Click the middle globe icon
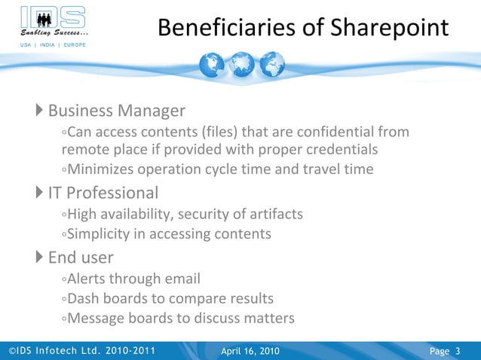click(x=240, y=66)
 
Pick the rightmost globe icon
click(x=269, y=66)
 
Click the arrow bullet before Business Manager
click(x=40, y=111)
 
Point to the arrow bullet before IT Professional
click(x=40, y=194)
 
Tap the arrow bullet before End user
click(x=40, y=258)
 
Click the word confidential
click(x=339, y=133)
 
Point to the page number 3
click(x=458, y=351)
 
